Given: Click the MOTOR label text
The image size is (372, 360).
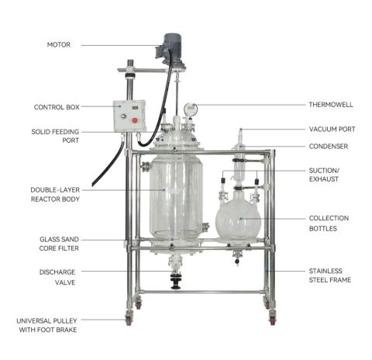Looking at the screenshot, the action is [59, 45].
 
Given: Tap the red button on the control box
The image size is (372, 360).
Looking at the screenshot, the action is [135, 120].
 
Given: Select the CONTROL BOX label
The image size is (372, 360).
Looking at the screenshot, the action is [57, 107].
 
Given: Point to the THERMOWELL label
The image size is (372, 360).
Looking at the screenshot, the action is [331, 105].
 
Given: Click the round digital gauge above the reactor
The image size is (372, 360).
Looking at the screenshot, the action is [191, 109].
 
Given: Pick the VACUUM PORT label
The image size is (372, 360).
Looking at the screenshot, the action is [332, 129].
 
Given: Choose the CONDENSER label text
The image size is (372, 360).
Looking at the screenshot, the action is [329, 147].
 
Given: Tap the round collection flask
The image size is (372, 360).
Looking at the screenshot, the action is [238, 219].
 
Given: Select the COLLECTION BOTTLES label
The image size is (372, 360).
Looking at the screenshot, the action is [329, 223].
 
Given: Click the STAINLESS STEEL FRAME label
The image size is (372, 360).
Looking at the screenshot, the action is [330, 275].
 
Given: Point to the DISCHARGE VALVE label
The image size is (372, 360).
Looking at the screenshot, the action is [57, 277].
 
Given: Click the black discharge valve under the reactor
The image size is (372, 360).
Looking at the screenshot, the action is [176, 281].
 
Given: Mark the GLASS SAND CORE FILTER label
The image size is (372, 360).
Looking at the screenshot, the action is [59, 244].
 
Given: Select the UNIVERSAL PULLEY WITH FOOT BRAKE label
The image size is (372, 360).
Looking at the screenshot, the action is [46, 325].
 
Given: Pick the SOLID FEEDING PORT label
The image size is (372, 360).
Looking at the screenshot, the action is [55, 136].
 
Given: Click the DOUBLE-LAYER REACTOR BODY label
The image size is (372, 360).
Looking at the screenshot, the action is [55, 195].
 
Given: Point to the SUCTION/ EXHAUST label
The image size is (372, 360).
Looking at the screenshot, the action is [324, 175].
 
